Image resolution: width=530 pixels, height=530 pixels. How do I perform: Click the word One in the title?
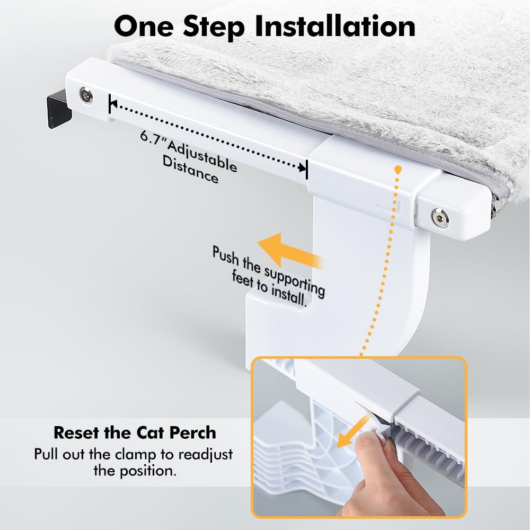147,26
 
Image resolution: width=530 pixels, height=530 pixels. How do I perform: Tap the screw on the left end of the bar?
85,96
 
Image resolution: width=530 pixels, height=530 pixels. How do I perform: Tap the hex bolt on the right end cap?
439,217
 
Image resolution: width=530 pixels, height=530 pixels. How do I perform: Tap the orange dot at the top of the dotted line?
397,169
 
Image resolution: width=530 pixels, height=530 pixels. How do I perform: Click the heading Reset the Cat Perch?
135,432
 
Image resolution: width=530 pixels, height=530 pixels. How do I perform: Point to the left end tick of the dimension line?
110,104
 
